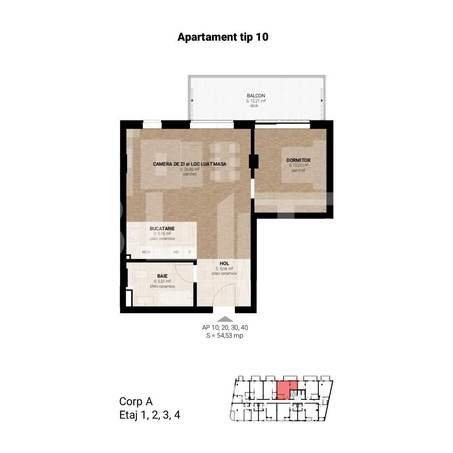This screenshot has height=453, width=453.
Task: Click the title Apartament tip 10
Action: point(223,37)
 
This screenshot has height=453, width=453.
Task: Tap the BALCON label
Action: point(255,96)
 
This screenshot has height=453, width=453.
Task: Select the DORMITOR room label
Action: point(298,160)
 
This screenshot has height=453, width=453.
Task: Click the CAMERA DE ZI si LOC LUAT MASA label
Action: point(190,164)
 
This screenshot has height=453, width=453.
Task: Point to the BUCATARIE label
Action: point(162,229)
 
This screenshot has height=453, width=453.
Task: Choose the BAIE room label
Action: point(163,276)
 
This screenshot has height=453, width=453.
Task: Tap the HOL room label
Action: point(224,263)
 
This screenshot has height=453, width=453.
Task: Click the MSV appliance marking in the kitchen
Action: point(146,252)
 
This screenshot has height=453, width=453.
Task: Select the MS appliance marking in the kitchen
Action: point(176,252)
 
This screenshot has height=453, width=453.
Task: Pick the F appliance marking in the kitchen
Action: point(190,252)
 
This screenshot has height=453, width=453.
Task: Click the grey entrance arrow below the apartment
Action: point(226,319)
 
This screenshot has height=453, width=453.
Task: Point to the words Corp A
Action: point(136,401)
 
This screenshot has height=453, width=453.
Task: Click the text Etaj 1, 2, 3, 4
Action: point(150,415)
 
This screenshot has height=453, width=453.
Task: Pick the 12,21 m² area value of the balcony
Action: point(256,101)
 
